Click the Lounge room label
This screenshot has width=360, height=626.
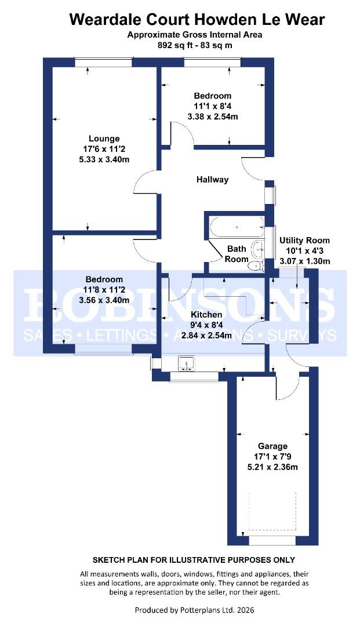(x=104, y=139)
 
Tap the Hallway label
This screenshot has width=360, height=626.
(x=212, y=180)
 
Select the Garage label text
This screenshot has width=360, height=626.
(x=272, y=446)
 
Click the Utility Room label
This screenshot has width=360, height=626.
(x=304, y=240)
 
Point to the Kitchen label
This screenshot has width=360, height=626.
(x=207, y=315)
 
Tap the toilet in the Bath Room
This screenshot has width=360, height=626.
(x=254, y=266)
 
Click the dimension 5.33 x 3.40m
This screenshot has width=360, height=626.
(x=104, y=159)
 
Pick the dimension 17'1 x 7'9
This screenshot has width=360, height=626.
(x=272, y=457)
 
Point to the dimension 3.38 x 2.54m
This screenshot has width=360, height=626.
(x=212, y=117)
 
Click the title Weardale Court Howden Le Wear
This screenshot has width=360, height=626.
(x=197, y=19)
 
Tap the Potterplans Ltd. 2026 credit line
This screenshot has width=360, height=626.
(x=194, y=610)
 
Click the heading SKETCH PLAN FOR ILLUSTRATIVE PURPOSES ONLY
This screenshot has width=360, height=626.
(x=194, y=560)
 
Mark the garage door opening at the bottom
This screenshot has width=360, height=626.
(x=272, y=540)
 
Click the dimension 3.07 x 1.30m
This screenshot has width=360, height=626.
(x=304, y=261)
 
